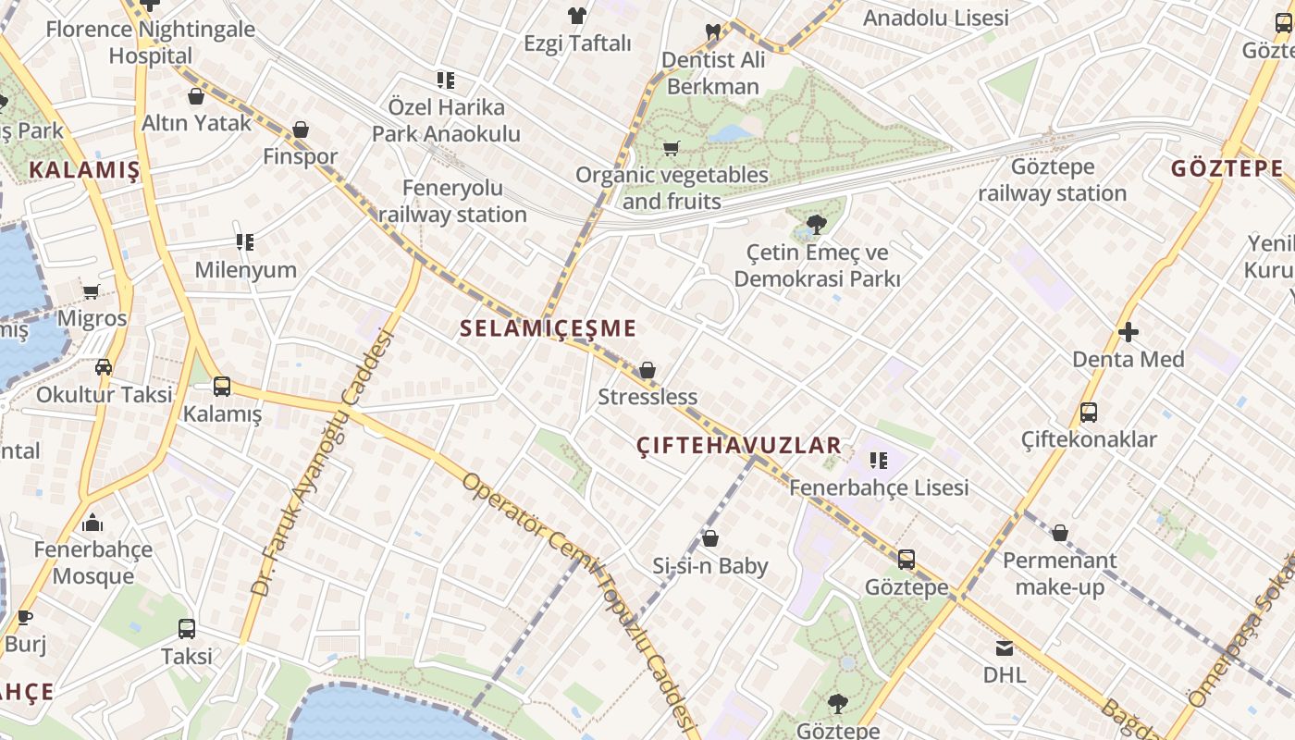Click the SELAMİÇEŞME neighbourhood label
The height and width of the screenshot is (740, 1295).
[x=548, y=328]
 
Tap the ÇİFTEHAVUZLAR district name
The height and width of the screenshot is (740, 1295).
[x=739, y=446]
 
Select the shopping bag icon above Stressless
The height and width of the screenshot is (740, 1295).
[x=647, y=371]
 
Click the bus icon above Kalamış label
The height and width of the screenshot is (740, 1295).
[x=222, y=387]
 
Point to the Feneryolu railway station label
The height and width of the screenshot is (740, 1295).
[x=452, y=201]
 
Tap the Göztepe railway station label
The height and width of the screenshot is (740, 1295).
[x=1052, y=180]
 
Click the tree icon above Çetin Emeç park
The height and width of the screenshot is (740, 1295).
[x=816, y=224]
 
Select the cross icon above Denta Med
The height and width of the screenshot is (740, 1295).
[x=1128, y=332]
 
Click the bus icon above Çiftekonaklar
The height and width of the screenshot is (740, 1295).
[x=1089, y=413]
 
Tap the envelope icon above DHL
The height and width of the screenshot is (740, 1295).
[x=1004, y=648]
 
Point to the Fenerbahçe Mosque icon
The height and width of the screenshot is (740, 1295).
[x=92, y=524]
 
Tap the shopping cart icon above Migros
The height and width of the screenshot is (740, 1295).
[x=91, y=292]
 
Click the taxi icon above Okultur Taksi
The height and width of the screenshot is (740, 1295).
[x=104, y=367]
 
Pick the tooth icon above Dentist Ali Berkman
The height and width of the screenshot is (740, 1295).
[x=712, y=31]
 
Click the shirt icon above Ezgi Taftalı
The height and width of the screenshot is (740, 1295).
[x=577, y=15]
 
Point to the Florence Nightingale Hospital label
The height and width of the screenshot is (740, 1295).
[x=150, y=43]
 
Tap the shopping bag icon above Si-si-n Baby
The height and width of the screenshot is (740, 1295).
[x=710, y=538]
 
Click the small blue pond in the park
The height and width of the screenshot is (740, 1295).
[x=731, y=133]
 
